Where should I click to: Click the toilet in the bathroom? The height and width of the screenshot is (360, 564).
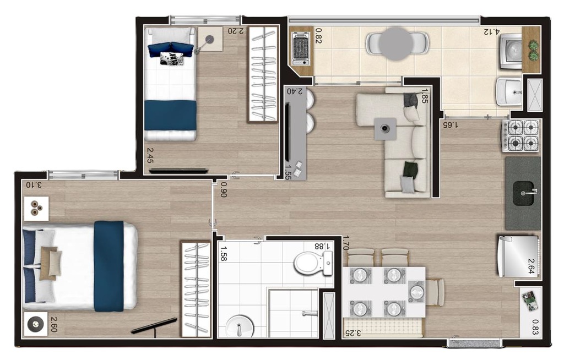[x=313, y=263]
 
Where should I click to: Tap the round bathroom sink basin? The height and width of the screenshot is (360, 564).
[x=240, y=326]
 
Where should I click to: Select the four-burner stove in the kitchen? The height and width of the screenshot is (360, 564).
[x=521, y=135]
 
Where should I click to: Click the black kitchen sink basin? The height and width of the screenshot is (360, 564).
[x=523, y=194]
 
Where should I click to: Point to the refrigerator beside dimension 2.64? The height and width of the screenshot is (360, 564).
[x=518, y=256]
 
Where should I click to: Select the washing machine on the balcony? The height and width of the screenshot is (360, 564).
[x=511, y=51]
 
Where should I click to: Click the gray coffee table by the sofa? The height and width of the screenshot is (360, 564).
[x=385, y=128]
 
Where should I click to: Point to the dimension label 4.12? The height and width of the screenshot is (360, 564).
[x=492, y=31]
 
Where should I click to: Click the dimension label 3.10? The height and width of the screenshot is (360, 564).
[x=34, y=185]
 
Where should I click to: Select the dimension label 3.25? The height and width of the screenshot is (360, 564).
[x=353, y=333]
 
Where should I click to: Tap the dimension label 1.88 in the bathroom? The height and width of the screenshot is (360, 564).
[x=322, y=246]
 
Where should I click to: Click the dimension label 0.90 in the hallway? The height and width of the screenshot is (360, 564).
[x=224, y=189]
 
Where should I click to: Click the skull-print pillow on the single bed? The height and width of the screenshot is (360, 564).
[x=172, y=58]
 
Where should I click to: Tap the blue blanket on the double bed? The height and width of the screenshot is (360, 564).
[x=109, y=266]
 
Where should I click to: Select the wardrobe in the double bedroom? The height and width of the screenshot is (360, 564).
[x=196, y=289]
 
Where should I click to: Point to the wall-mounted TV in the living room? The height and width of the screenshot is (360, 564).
[x=288, y=132]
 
